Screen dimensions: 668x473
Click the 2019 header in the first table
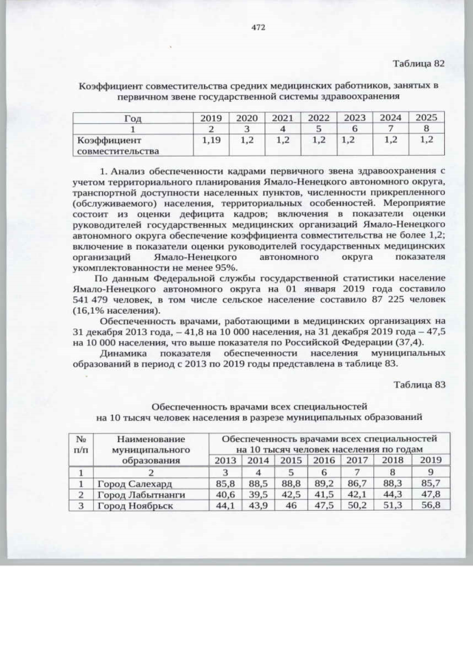point(211,117)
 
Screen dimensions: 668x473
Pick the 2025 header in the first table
point(426,117)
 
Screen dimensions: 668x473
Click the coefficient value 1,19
point(211,139)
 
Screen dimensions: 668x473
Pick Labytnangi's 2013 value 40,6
point(225,494)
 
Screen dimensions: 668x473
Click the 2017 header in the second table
point(357,460)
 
